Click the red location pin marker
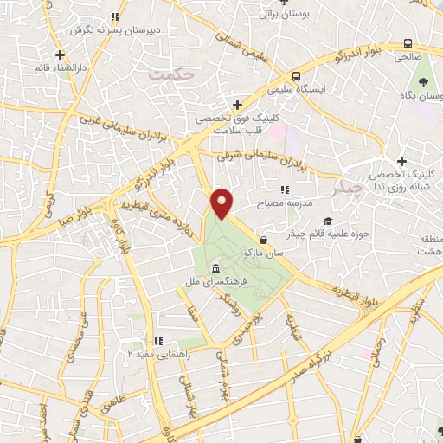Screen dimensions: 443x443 (223, 202)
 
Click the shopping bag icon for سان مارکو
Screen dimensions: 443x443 (263, 240)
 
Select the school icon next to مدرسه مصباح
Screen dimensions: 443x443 (283, 189)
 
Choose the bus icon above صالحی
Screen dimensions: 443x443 (408, 43)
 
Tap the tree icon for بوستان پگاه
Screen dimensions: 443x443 (424, 82)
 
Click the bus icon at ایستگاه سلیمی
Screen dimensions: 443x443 (296, 75)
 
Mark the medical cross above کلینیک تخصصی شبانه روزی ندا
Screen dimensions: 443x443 (401, 161)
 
